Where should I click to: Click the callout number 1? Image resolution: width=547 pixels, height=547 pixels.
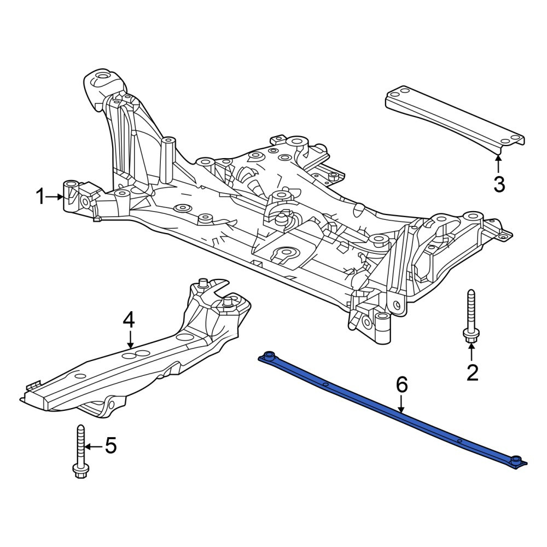pos(40,197)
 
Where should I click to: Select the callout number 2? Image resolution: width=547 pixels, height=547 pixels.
pos(472,373)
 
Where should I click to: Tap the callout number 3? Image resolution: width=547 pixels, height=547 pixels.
pos(499,184)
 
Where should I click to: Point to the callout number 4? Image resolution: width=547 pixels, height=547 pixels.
pos(129,320)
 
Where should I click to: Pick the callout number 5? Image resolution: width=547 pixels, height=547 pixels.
pos(110,446)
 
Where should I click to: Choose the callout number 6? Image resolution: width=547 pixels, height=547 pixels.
pos(401,385)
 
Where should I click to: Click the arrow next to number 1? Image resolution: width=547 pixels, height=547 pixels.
pos(54,197)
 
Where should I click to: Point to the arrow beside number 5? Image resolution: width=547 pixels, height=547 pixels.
pos(94,446)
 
